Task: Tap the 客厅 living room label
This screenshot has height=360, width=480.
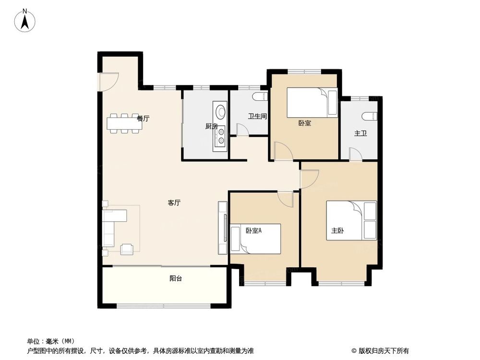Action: [174, 203]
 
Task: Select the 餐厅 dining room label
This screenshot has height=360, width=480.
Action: [143, 119]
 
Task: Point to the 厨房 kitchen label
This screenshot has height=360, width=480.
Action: [212, 127]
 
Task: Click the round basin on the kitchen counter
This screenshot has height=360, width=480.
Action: [221, 112]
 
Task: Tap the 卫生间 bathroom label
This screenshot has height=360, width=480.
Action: [257, 116]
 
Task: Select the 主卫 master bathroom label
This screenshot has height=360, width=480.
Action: [360, 133]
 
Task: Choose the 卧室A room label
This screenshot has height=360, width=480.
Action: [253, 230]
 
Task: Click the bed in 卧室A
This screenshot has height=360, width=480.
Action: [256, 239]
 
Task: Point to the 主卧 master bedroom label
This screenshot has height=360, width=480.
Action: [337, 230]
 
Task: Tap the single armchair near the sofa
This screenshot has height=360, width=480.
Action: [127, 249]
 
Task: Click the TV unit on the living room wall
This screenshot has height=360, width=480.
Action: [223, 228]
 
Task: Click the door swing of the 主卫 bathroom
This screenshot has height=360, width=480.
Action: [356, 154]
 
